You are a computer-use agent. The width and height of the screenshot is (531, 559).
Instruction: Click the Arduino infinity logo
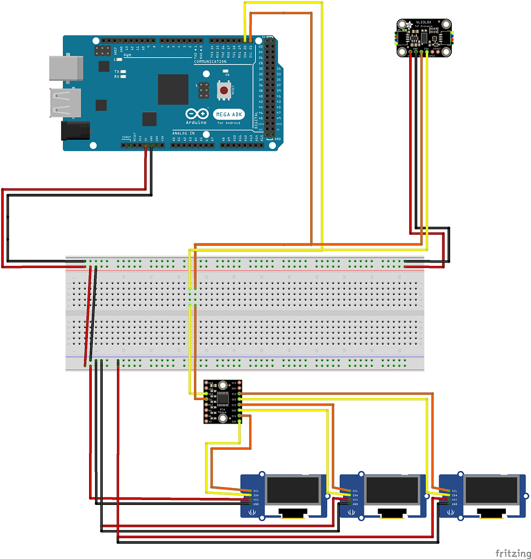pyautogui.click(x=197, y=114)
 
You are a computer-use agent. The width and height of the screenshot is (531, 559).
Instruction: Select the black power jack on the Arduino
pyautogui.click(x=75, y=130)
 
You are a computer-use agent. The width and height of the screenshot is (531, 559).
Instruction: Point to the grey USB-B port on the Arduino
pyautogui.click(x=66, y=67)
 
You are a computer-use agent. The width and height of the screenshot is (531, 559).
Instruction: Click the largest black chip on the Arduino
pyautogui.click(x=173, y=89)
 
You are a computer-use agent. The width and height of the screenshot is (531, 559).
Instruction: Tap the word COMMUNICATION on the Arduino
pyautogui.click(x=210, y=62)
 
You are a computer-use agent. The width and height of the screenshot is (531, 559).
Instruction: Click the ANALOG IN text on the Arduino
pyautogui.click(x=183, y=133)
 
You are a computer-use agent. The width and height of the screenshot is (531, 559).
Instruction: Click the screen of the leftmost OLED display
pyautogui.click(x=293, y=490)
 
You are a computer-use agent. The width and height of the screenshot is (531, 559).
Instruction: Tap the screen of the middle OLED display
pyautogui.click(x=392, y=490)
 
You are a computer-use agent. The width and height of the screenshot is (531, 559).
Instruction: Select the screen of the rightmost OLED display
pyautogui.click(x=491, y=490)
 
